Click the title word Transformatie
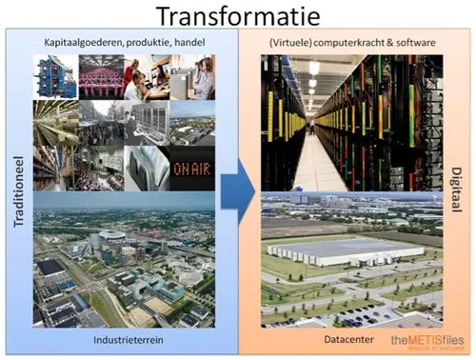(237, 16)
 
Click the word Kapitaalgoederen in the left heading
(90, 43)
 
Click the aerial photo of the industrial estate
(125, 257)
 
